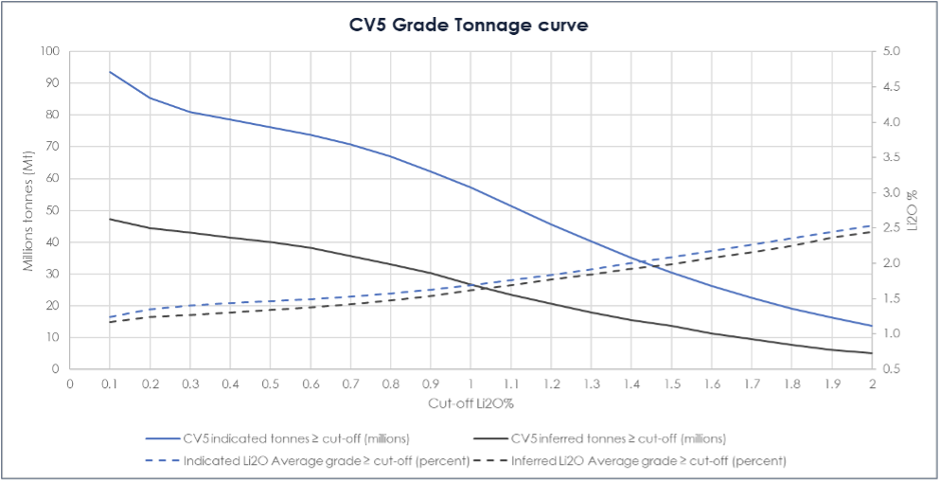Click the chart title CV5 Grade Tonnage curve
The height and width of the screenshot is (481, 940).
469,25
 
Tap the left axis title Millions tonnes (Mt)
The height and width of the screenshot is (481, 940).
30,210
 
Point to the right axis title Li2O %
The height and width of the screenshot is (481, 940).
913,210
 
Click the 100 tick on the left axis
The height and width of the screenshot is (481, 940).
50,51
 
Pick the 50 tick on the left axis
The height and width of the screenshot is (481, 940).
53,210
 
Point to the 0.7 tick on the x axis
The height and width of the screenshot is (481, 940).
350,384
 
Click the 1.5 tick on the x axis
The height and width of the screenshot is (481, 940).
671,384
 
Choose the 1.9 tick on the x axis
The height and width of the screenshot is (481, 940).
831,384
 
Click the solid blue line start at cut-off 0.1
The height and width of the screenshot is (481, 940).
110,72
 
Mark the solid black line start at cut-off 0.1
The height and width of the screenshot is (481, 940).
110,219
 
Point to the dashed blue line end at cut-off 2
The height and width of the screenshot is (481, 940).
871,225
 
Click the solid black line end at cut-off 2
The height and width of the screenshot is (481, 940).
871,353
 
